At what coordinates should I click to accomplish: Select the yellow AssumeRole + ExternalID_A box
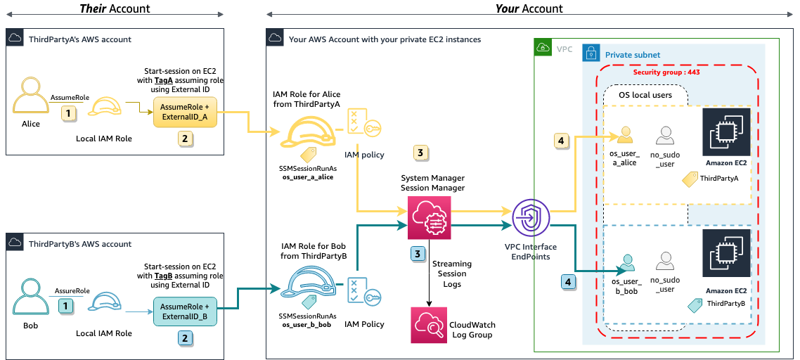[185, 111]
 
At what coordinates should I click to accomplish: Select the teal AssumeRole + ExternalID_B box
[185, 311]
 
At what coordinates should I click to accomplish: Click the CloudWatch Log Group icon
[429, 325]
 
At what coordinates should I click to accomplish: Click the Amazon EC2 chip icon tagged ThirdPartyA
[726, 131]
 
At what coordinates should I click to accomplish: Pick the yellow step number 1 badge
[67, 112]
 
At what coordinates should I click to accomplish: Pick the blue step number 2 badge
[185, 338]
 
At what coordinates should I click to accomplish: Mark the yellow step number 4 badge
[560, 141]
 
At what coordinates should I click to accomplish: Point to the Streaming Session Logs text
[452, 274]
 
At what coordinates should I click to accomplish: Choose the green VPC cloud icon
[543, 48]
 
